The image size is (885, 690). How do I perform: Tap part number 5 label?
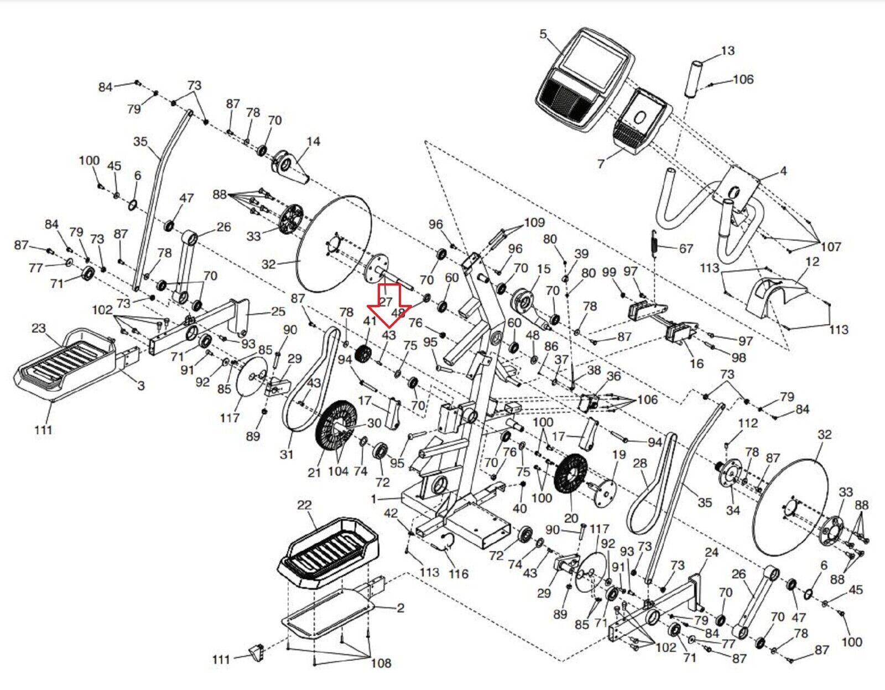point(543,34)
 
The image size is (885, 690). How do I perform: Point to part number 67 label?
point(686,248)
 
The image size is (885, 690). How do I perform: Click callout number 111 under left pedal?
point(43,429)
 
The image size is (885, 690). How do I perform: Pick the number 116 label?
point(458,574)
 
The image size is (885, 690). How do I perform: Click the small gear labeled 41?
point(363,353)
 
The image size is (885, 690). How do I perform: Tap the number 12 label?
point(813,261)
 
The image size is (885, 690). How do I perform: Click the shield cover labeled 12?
point(774,296)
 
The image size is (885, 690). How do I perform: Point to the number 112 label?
point(748,423)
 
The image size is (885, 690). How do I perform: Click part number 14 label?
point(313,141)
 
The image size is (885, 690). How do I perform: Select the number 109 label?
point(534,222)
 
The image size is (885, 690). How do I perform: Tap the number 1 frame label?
point(374,499)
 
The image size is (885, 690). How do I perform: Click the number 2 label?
point(400,608)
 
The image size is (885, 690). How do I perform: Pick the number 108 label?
point(381,662)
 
